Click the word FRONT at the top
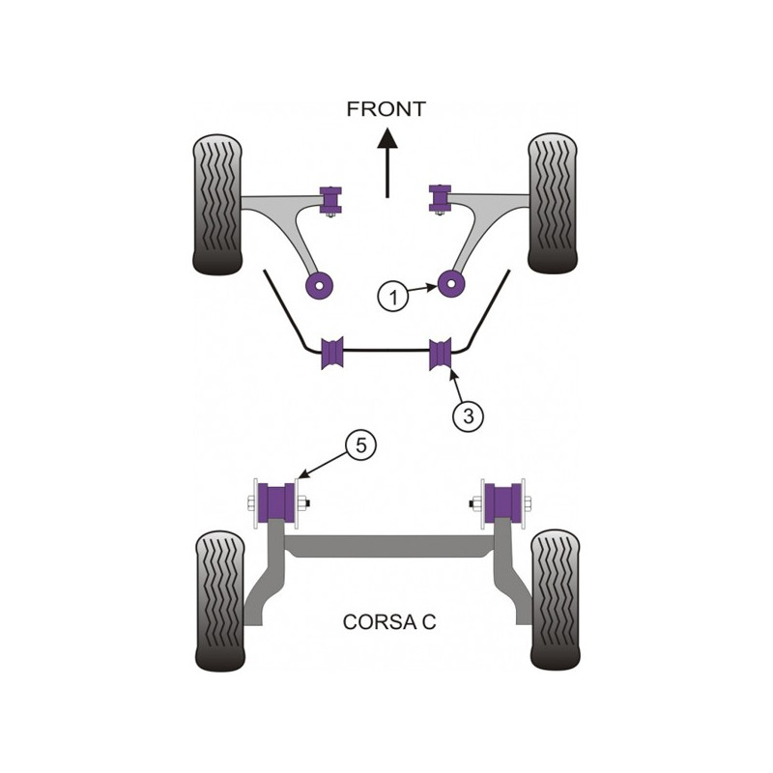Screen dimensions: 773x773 (x=386, y=109)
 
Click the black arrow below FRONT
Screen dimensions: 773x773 (x=387, y=162)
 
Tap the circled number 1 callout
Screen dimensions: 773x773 (x=393, y=297)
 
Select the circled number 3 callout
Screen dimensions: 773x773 (x=468, y=416)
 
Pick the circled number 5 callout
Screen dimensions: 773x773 (x=360, y=446)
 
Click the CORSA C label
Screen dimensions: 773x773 (x=389, y=621)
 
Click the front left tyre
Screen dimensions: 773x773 (x=217, y=204)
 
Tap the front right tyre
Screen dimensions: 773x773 (x=552, y=203)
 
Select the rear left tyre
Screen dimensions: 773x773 (x=220, y=601)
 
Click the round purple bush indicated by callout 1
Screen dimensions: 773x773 (x=451, y=284)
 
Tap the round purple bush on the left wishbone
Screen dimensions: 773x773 (x=320, y=285)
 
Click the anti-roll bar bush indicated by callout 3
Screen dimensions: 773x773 (x=441, y=354)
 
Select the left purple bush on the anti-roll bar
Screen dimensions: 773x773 (x=331, y=353)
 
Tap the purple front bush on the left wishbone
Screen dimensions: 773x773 (x=330, y=199)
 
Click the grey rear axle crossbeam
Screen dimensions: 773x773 (x=388, y=547)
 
